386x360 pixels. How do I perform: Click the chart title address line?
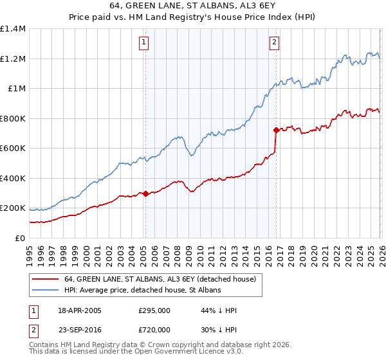pos(192,6)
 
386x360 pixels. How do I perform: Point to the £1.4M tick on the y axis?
pos(13,29)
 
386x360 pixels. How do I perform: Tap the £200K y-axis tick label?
pos(13,208)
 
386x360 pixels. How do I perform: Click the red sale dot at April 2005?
pos(145,194)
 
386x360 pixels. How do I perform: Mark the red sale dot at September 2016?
pos(276,130)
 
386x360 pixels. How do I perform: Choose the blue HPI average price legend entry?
pos(142,291)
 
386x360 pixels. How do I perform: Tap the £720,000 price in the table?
pos(154,330)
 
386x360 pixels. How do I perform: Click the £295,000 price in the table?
pos(154,310)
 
